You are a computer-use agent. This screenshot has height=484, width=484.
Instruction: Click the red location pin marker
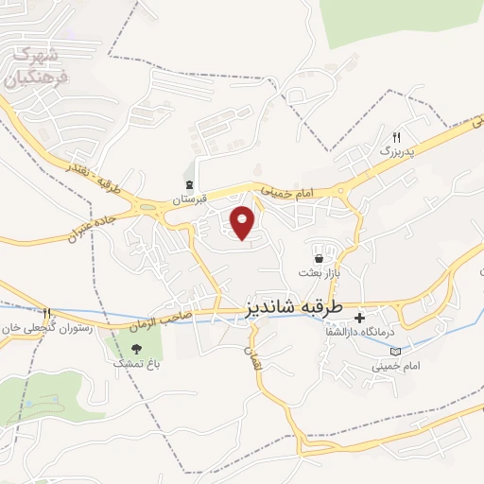click(x=244, y=222)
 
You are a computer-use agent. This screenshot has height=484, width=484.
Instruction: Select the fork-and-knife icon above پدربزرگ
click(x=397, y=136)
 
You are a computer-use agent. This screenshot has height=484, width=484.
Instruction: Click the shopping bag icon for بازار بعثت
click(x=319, y=257)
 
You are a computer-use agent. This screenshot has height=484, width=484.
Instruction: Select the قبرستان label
click(x=189, y=200)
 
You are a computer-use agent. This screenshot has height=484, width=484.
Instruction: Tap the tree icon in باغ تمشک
click(x=137, y=348)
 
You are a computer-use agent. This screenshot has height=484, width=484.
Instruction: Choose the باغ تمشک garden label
click(x=132, y=363)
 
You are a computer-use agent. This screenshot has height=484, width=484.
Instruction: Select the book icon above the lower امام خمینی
click(x=394, y=352)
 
